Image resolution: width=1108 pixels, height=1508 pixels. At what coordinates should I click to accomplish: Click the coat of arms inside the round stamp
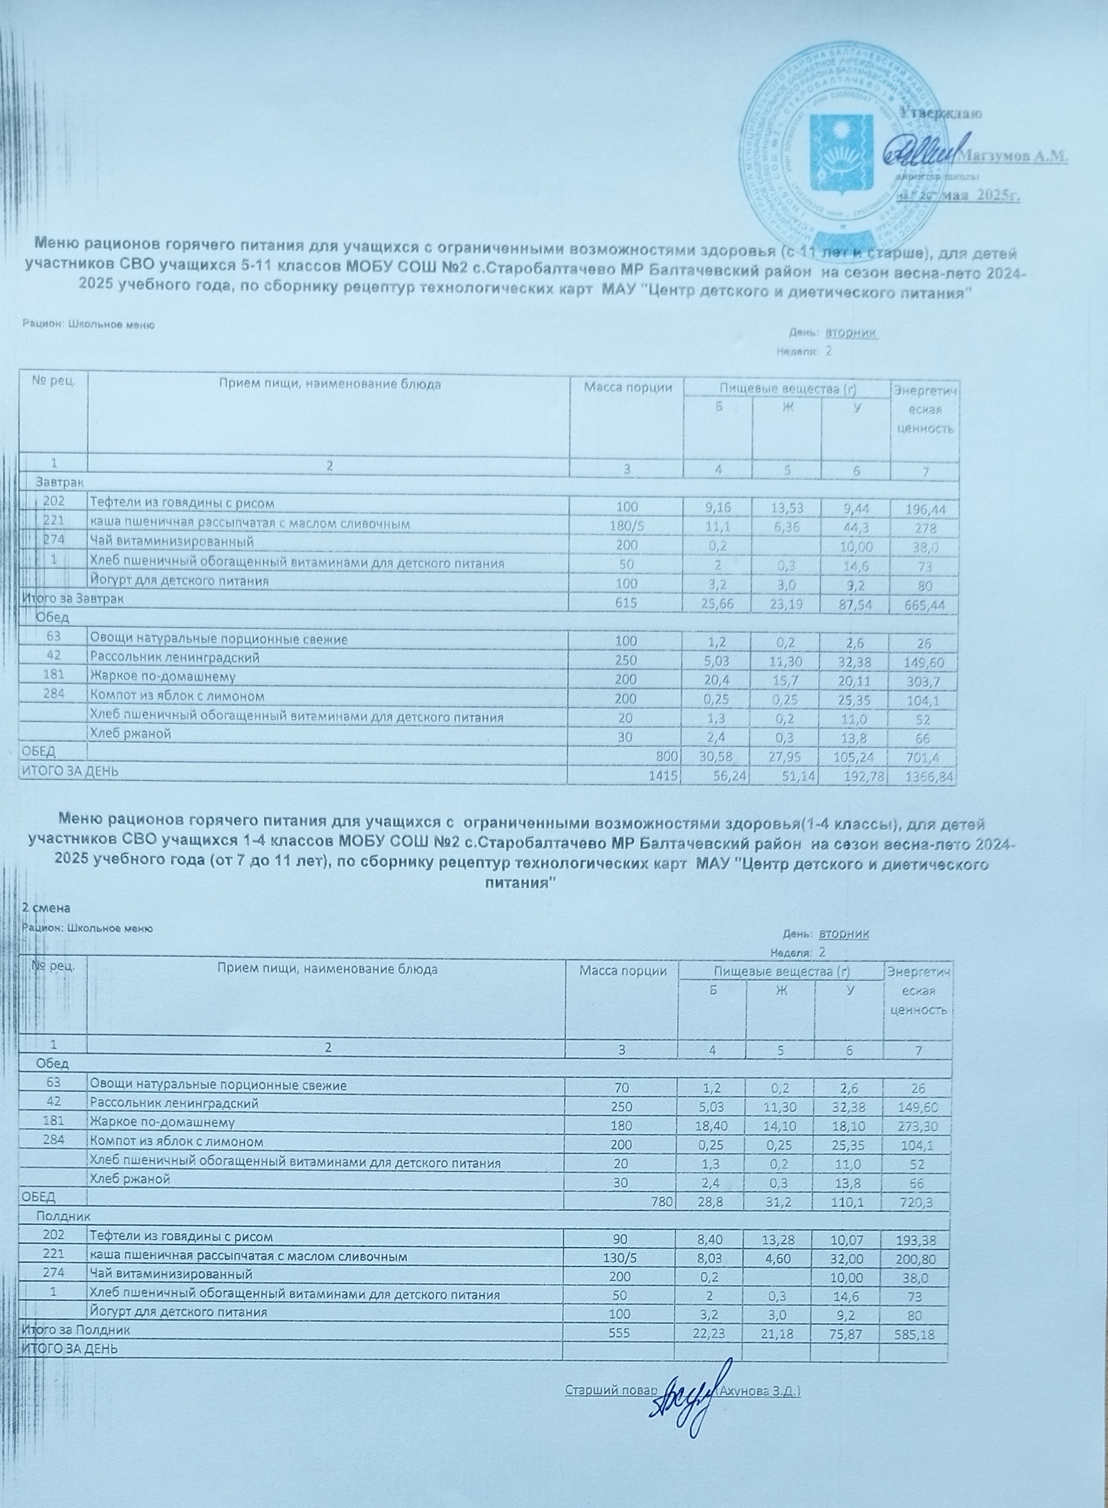[840, 152]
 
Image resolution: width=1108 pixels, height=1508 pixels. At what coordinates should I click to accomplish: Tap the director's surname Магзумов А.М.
[1014, 155]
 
